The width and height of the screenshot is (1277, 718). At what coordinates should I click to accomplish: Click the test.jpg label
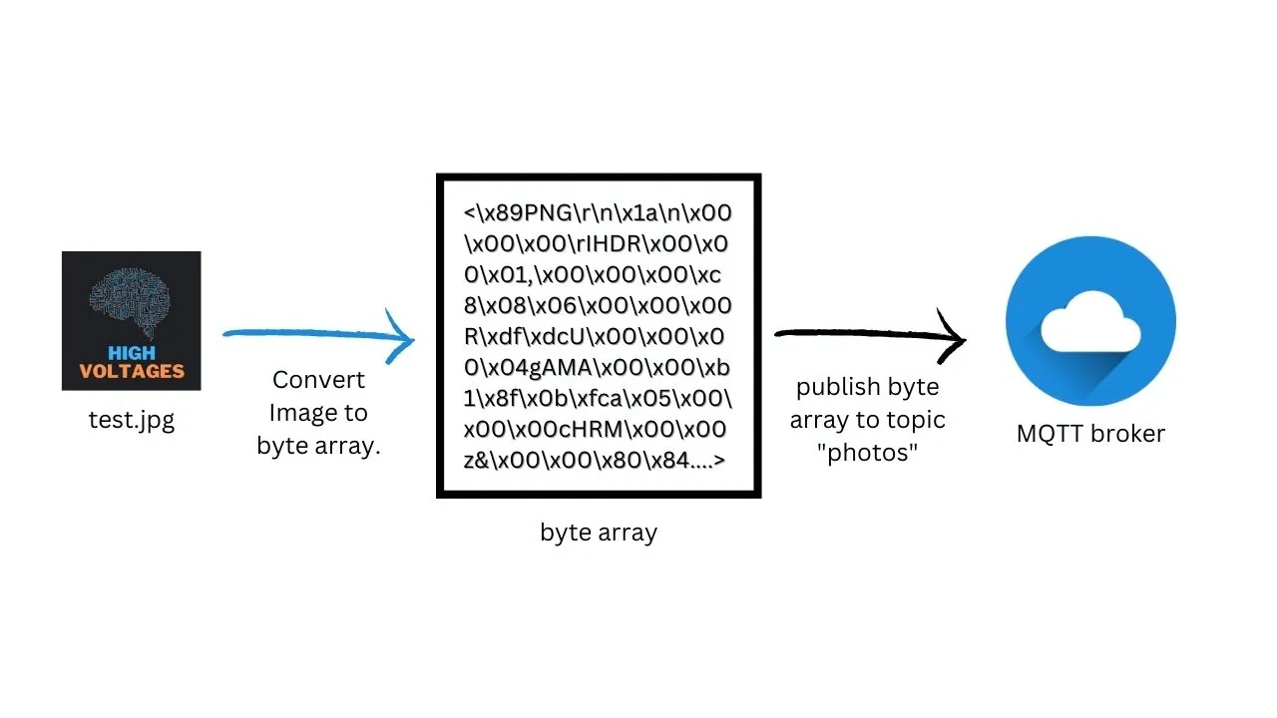click(x=131, y=420)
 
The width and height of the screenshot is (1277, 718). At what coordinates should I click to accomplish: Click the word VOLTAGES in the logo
click(x=131, y=371)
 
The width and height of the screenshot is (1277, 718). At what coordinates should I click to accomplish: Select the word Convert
click(x=318, y=380)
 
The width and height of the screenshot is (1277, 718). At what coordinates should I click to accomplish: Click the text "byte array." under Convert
click(x=318, y=446)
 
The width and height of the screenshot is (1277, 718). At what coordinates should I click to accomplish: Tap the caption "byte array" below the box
click(x=598, y=533)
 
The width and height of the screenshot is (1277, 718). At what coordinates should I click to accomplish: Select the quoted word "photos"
click(x=867, y=452)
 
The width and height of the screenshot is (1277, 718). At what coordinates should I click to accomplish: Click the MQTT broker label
click(x=1090, y=434)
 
